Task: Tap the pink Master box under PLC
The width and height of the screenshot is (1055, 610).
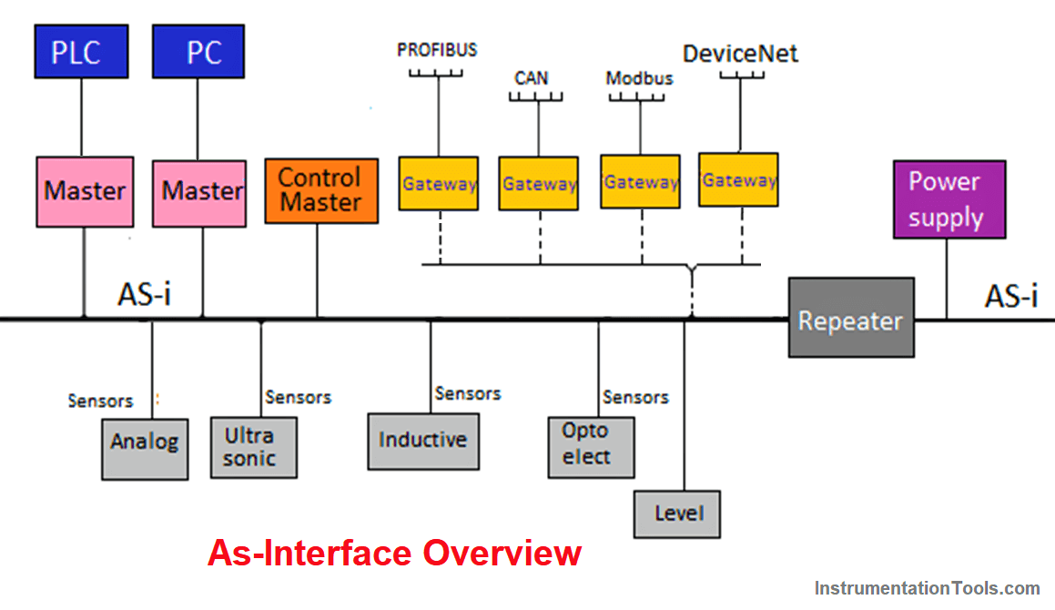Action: tap(84, 191)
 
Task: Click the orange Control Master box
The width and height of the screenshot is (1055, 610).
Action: tap(321, 190)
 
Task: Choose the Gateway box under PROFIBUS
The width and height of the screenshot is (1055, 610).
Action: tap(439, 183)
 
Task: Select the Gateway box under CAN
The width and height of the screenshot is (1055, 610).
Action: tap(538, 183)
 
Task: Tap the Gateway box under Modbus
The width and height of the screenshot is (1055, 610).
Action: tap(640, 182)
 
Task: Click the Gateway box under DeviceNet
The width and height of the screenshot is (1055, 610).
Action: tap(738, 180)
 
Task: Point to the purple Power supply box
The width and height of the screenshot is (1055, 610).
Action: tap(949, 199)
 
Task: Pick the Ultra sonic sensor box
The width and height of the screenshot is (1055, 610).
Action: tap(253, 447)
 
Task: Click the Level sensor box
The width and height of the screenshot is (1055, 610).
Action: tap(678, 514)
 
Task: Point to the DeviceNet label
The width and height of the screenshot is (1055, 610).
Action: tap(740, 54)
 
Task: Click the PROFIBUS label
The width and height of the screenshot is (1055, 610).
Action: tap(437, 49)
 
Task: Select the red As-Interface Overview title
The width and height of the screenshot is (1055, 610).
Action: tap(394, 553)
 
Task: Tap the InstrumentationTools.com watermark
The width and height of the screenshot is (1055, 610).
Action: tap(927, 588)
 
